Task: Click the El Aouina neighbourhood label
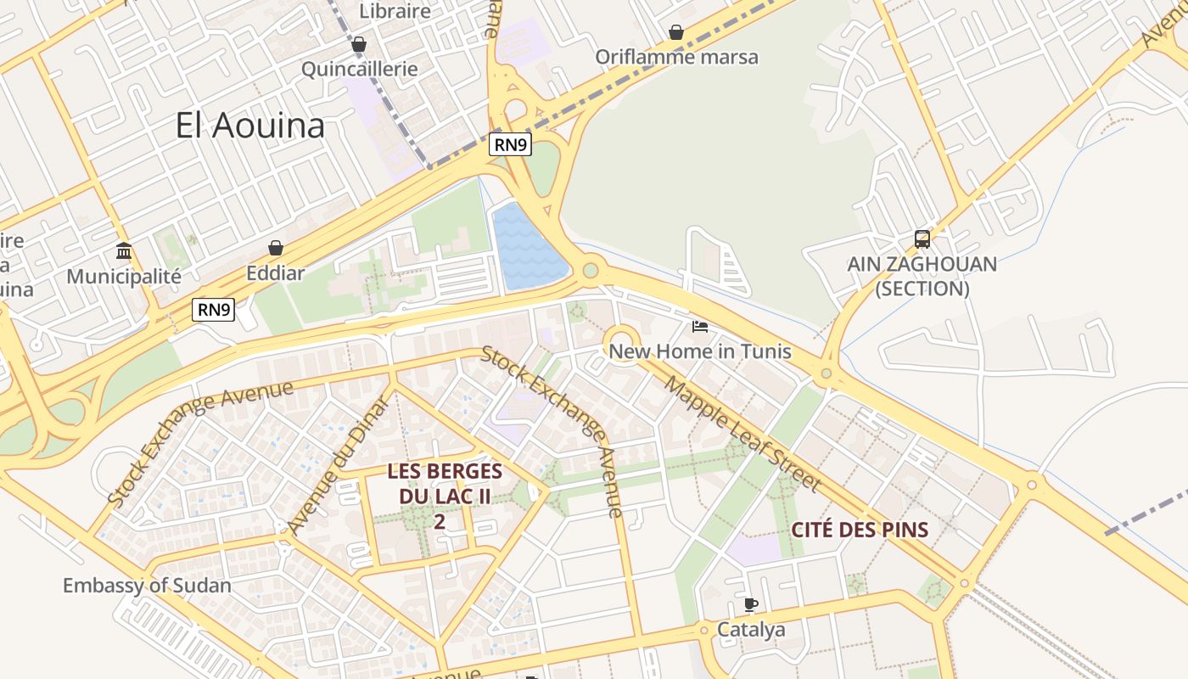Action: pos(250,126)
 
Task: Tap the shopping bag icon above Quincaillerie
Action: pos(359,44)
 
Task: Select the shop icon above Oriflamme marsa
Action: pos(676,32)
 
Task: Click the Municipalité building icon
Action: pos(124,250)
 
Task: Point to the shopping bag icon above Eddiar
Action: pos(276,248)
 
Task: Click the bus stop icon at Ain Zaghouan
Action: pos(922,239)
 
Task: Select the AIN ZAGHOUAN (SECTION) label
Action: pos(922,277)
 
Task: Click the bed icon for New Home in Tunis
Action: pos(700,327)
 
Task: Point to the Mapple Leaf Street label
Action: pos(742,434)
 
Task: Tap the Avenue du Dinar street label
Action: pos(338,466)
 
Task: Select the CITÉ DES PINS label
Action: pos(860,530)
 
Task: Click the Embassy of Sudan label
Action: pos(147,586)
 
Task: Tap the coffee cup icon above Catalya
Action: pos(751,605)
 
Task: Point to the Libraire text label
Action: pos(395,11)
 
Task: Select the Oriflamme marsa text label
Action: pos(676,57)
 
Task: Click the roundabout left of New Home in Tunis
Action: pos(624,344)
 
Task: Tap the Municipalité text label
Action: pos(124,277)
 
